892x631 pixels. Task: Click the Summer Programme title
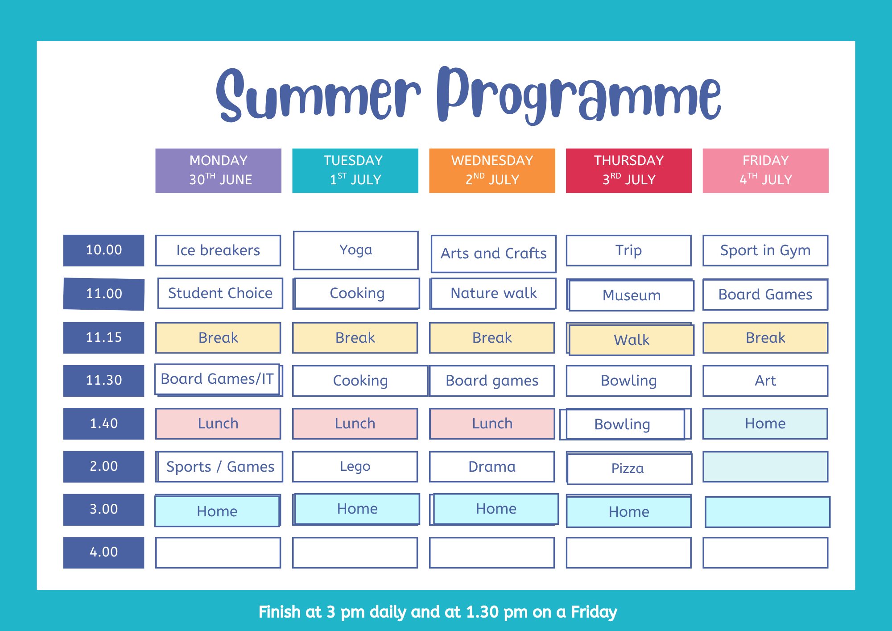click(x=468, y=95)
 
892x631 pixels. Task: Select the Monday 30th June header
click(x=218, y=170)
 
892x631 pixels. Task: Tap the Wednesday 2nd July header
click(x=492, y=170)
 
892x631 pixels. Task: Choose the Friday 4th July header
click(x=765, y=170)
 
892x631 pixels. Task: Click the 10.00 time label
click(x=103, y=250)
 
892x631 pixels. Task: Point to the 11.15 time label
click(x=103, y=338)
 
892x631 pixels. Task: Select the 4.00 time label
click(x=103, y=552)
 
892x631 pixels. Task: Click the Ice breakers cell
click(x=218, y=250)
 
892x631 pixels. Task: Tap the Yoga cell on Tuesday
click(x=355, y=250)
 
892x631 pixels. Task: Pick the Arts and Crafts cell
click(x=494, y=253)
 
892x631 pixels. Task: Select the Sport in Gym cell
click(x=765, y=250)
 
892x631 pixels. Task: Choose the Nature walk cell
click(x=493, y=293)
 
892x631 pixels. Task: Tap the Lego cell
click(x=355, y=467)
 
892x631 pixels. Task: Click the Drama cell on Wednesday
click(x=492, y=467)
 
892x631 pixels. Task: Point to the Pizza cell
click(x=629, y=468)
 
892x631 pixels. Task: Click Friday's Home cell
click(x=765, y=423)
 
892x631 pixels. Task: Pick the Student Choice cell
click(x=220, y=293)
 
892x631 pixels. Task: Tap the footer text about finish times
click(x=438, y=612)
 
